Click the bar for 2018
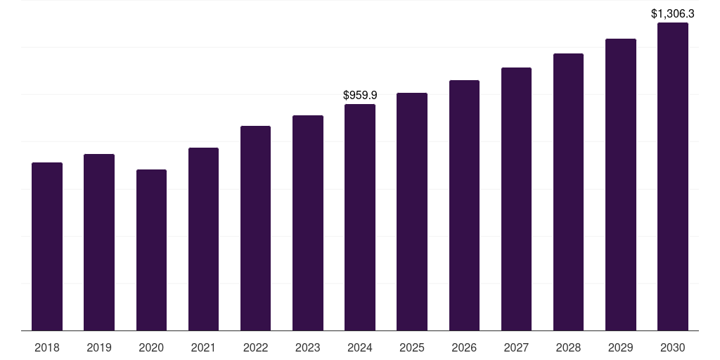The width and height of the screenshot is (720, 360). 47,246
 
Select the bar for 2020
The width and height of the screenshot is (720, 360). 151,250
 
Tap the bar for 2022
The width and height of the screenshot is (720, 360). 255,228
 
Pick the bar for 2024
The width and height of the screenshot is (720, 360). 360,217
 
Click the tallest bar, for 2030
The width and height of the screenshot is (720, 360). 672,176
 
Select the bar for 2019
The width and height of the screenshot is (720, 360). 99,242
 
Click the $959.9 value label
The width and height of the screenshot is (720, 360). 360,95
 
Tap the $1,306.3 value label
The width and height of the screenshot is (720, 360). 672,13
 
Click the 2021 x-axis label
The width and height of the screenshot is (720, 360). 203,347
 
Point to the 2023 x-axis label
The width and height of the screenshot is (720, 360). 307,347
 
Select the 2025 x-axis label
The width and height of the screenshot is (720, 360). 412,347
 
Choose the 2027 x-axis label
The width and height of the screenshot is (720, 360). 516,347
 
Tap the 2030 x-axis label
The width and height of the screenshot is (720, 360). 672,347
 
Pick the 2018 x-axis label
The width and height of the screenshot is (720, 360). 47,347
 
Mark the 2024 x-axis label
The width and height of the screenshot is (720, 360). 360,347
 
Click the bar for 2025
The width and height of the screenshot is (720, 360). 412,212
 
